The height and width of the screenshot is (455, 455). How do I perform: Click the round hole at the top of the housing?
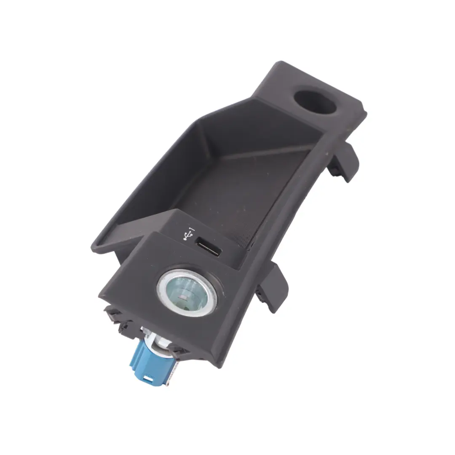click(x=315, y=102)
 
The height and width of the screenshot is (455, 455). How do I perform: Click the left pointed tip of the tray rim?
click(x=94, y=246)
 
